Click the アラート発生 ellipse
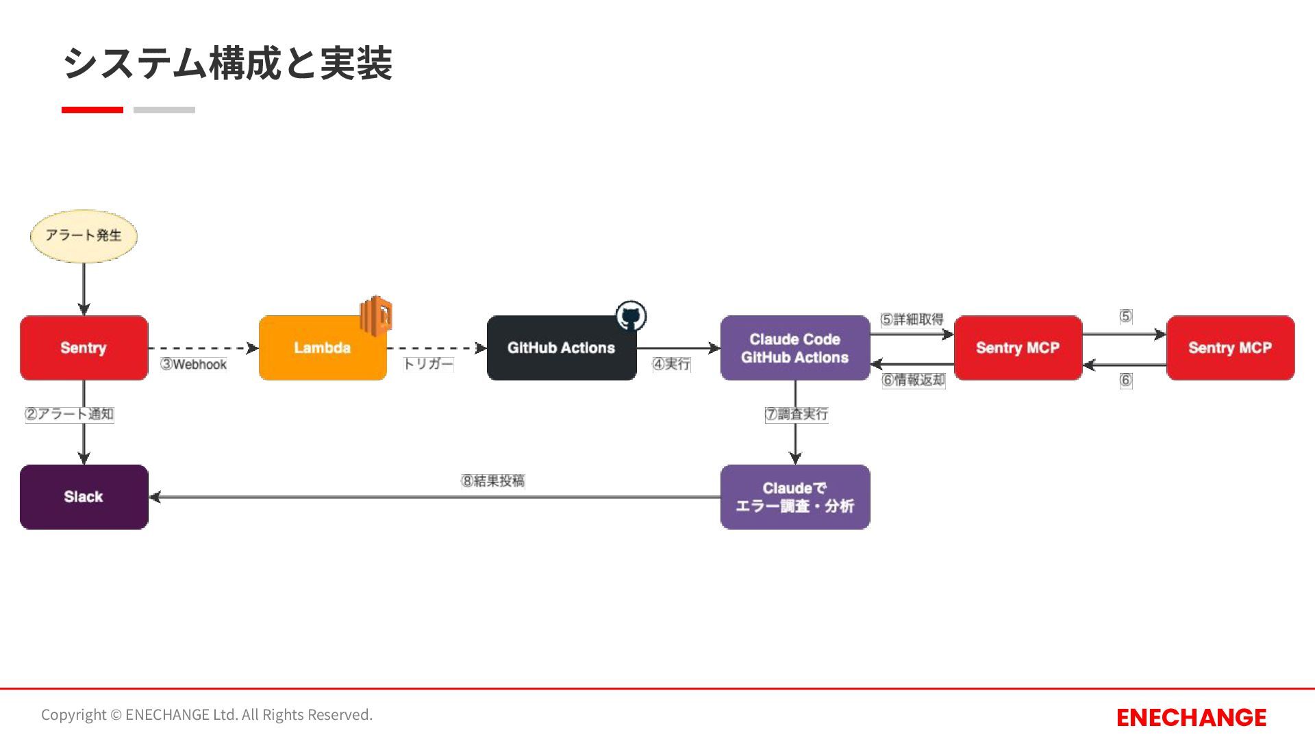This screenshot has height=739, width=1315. pos(84,236)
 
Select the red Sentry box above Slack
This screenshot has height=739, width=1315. pos(84,348)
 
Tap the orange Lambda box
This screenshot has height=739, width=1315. pos(322,348)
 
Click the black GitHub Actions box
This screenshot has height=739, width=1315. pos(561,348)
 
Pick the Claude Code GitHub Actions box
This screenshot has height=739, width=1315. pos(794,348)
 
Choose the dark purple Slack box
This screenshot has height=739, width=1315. pos(84,497)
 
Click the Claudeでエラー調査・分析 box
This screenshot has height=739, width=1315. pos(794,497)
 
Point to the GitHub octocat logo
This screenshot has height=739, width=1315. pos(631,316)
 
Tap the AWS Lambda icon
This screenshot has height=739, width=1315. pos(376,316)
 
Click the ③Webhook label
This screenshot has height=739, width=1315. pos(193,365)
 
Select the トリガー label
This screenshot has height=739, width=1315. pos(428,364)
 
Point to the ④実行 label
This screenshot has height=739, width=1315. pos(671,364)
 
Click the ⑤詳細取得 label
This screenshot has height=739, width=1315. pos(912,320)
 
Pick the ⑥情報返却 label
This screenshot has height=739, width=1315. pos(914,380)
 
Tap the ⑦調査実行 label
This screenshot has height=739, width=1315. pos(797,414)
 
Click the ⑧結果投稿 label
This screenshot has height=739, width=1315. pos(493,481)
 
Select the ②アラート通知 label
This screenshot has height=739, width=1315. pos(69,414)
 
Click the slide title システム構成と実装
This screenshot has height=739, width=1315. pos(227,64)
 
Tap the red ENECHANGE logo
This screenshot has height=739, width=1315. pos(1191,717)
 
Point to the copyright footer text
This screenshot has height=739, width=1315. pos(207,714)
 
